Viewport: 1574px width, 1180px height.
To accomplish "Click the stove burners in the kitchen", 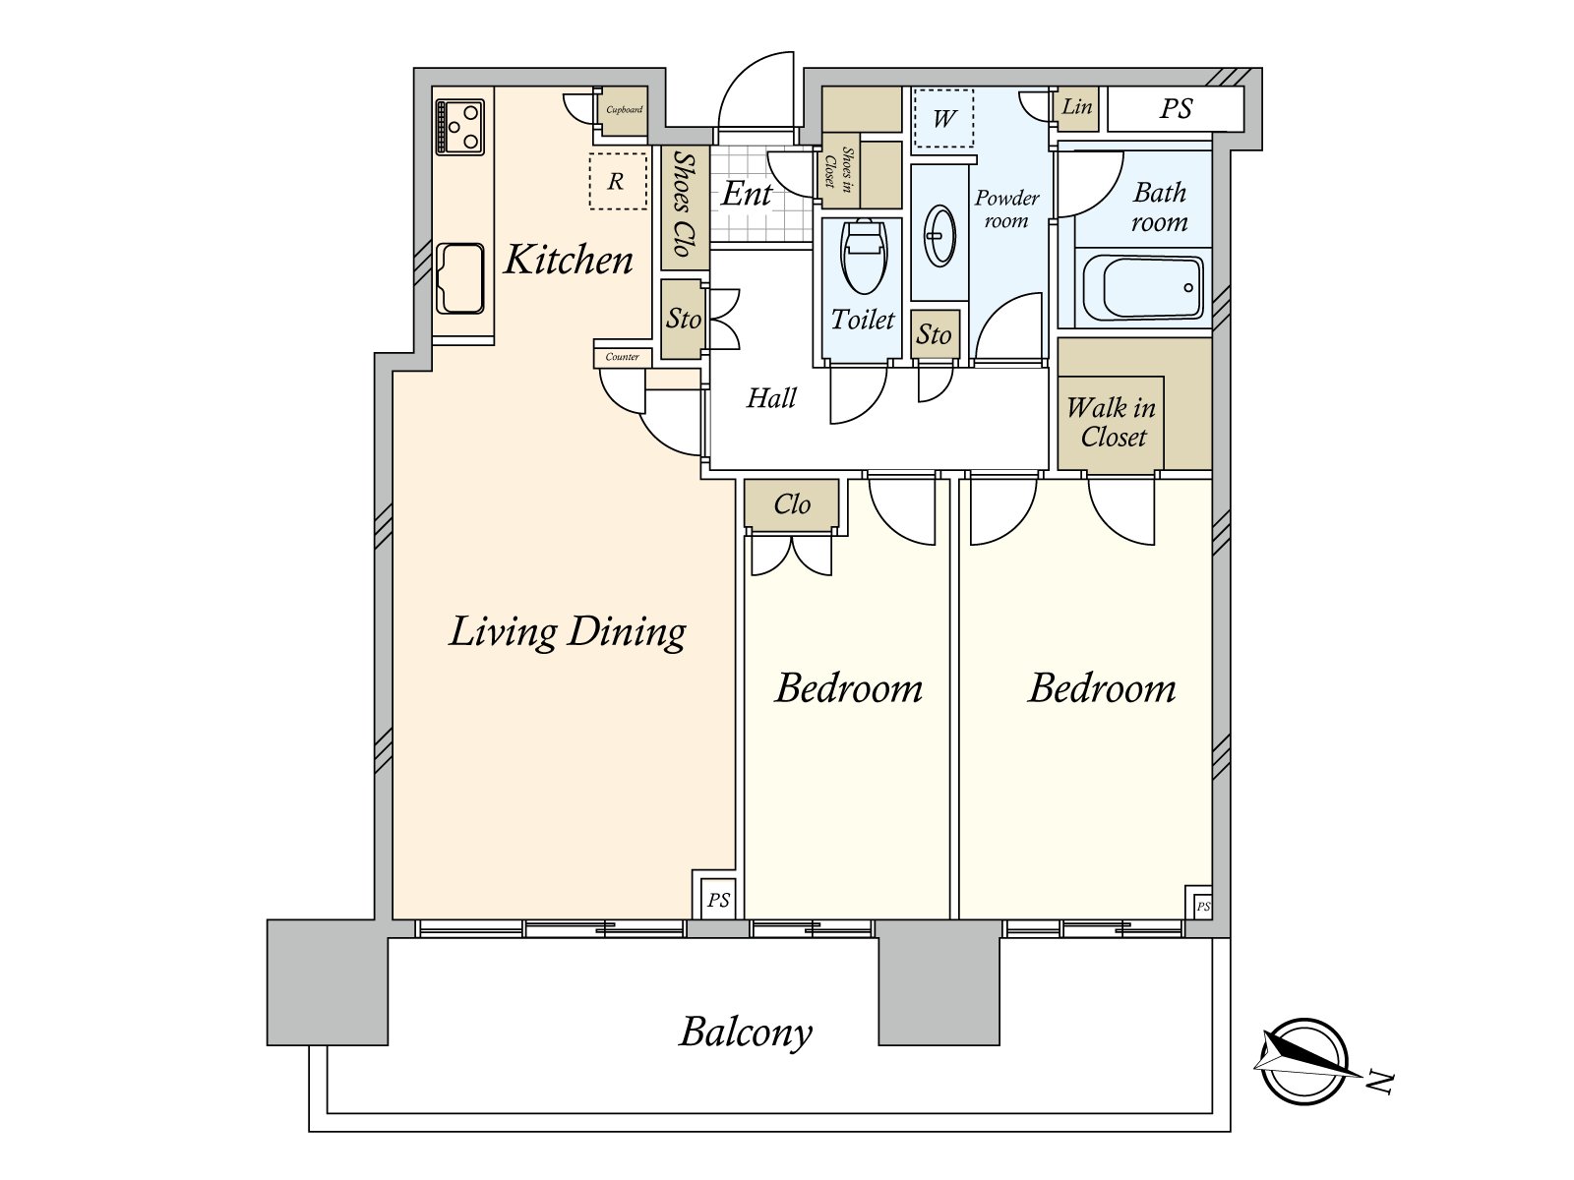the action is point(459,127).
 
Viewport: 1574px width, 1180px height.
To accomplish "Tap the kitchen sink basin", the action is point(459,278).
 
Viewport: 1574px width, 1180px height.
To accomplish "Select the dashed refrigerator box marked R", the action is point(618,181).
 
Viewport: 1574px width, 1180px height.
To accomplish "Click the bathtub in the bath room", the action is point(1142,288).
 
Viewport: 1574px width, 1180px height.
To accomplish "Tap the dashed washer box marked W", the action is point(943,118).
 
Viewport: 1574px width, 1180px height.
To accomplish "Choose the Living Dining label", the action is point(568,632).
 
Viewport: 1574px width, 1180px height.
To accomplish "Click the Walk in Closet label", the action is point(1112,422).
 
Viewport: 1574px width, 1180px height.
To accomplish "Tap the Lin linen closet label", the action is point(1077,107).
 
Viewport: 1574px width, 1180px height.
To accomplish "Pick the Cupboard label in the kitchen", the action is point(624,109).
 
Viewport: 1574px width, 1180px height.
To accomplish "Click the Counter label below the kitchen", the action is point(622,357).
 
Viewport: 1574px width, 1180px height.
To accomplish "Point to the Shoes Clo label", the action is point(683,205).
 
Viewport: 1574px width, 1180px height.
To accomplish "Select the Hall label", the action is point(771,397).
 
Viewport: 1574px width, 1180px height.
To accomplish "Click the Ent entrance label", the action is point(747,194).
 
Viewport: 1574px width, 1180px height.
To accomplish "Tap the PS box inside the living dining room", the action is point(718,899).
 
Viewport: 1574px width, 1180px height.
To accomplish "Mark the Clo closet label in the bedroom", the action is point(792,504).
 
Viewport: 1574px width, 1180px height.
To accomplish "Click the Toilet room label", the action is point(863,320).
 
